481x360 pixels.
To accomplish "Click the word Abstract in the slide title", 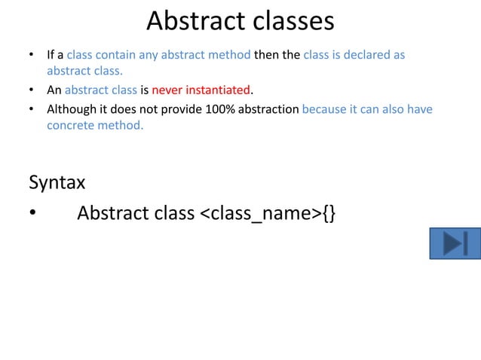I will [x=191, y=21].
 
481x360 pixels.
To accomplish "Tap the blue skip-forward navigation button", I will [x=455, y=243].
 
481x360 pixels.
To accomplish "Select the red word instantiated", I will [x=217, y=90].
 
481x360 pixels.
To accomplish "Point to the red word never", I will [x=167, y=90].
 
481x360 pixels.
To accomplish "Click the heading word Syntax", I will [x=57, y=182].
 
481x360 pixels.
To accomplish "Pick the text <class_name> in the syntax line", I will [x=260, y=213].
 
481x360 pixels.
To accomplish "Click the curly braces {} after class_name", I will [x=329, y=213].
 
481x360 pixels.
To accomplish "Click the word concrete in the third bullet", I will [x=70, y=125].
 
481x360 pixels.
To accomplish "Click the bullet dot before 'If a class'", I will [x=32, y=56].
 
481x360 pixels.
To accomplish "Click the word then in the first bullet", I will [x=267, y=55].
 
